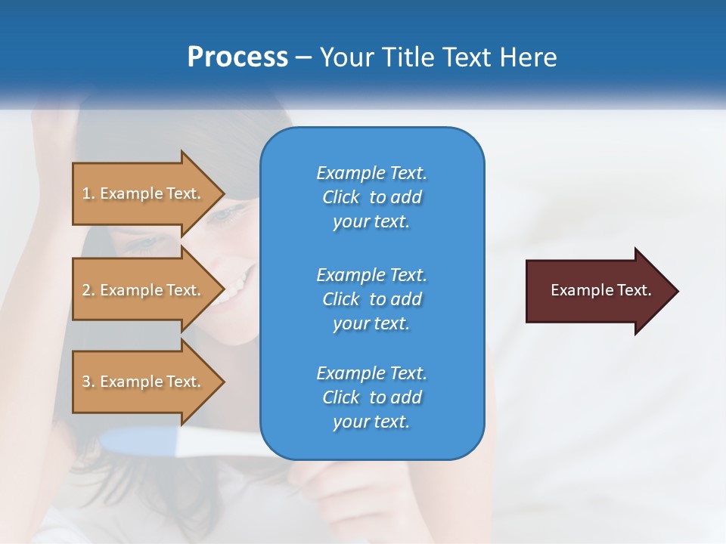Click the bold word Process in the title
coord(237,57)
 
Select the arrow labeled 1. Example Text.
coord(144,193)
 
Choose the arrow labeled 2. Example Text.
coord(144,290)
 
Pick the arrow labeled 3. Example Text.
coord(144,382)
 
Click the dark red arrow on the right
coord(597,291)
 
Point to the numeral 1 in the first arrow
coord(86,193)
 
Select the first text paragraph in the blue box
coord(371,197)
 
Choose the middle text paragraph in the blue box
coord(371,299)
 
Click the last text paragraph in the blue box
coord(371,397)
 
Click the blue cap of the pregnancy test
coord(136,441)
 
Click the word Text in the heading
coord(466,57)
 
